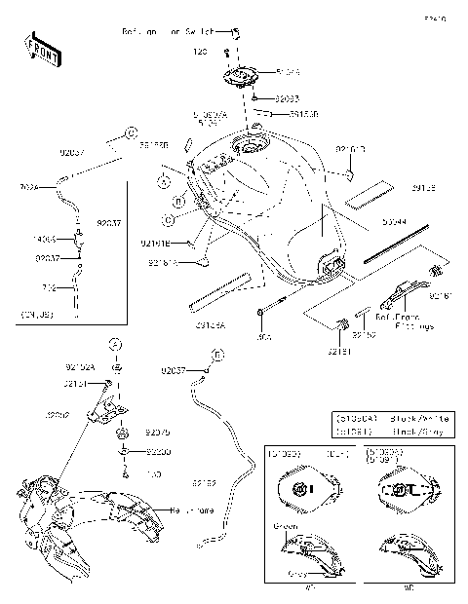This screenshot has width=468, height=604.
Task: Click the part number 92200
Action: point(158,452)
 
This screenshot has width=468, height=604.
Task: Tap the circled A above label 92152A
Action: point(115,345)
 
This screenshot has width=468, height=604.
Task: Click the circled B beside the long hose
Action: point(216,357)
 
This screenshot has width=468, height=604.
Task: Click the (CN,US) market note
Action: point(36,315)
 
